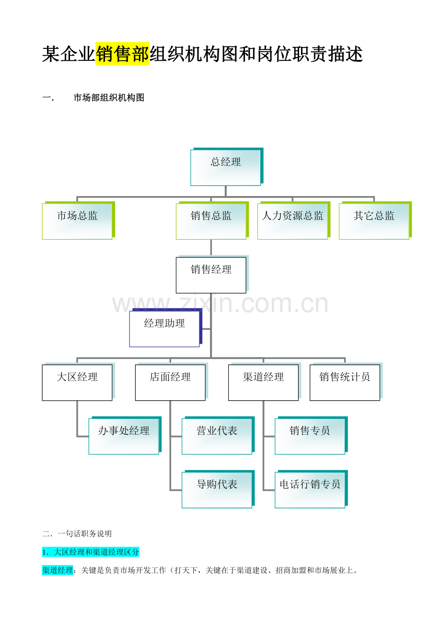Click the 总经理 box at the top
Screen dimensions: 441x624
[226, 167]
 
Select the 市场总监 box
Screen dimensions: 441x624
[78, 220]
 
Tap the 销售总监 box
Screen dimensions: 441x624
[212, 220]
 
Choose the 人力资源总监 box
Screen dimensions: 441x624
[294, 220]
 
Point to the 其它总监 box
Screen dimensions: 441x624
[375, 220]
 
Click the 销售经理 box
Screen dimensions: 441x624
[212, 274]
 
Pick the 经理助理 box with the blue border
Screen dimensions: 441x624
[165, 328]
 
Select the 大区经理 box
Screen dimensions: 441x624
[78, 381]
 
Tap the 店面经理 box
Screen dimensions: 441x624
[171, 381]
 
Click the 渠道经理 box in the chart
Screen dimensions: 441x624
[265, 381]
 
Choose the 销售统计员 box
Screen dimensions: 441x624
[346, 381]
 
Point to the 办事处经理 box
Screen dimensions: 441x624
[125, 435]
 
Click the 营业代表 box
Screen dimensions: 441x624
[218, 435]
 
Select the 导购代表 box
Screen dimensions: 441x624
[218, 489]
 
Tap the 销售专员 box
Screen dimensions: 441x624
[311, 435]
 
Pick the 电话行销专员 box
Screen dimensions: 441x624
[311, 489]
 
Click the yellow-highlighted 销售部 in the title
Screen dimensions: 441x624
[122, 54]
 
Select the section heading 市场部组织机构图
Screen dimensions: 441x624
[109, 98]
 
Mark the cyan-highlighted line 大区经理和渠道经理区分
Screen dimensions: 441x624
[91, 552]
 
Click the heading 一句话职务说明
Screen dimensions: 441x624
[85, 533]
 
